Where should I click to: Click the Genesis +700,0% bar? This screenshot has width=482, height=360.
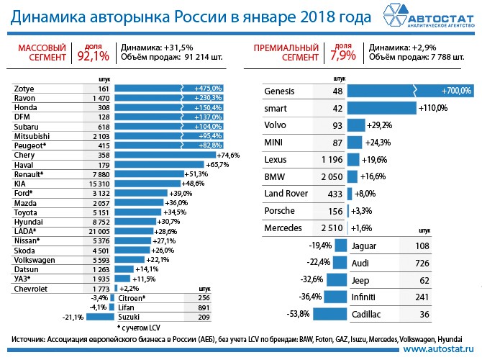click(x=410, y=91)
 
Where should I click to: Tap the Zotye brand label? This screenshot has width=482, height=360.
click(x=24, y=88)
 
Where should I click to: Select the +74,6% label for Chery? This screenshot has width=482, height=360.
click(x=228, y=154)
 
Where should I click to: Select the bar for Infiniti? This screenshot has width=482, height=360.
click(x=333, y=297)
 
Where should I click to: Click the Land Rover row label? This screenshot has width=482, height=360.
click(x=286, y=194)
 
